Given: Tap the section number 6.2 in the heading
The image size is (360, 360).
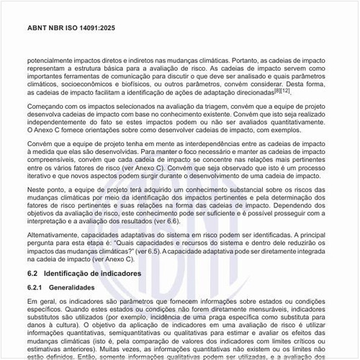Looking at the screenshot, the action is click(32, 274).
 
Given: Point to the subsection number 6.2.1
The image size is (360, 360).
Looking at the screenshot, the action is click(35, 287).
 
